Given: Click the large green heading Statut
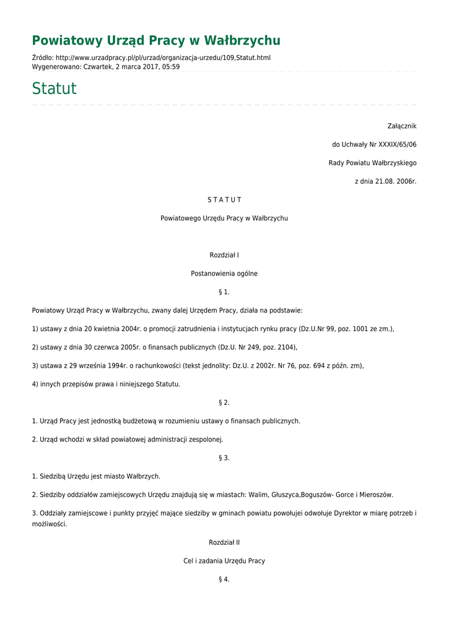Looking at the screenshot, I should click(54, 89).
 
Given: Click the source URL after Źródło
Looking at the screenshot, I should click(163, 58).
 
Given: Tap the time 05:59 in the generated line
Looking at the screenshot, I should click(172, 66).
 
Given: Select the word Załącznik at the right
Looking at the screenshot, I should click(402, 126).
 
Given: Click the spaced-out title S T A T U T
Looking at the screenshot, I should click(224, 200).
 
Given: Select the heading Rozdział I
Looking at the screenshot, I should click(224, 255).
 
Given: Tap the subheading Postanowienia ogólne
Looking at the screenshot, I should click(224, 274).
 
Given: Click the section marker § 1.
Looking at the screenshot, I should click(224, 292).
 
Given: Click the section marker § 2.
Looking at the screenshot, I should click(224, 402).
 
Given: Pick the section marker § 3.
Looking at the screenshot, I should click(224, 458).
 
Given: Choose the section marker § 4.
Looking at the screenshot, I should click(224, 580).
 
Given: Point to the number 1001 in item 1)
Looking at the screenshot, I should click(360, 329).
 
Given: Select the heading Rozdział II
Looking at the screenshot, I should click(224, 542).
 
